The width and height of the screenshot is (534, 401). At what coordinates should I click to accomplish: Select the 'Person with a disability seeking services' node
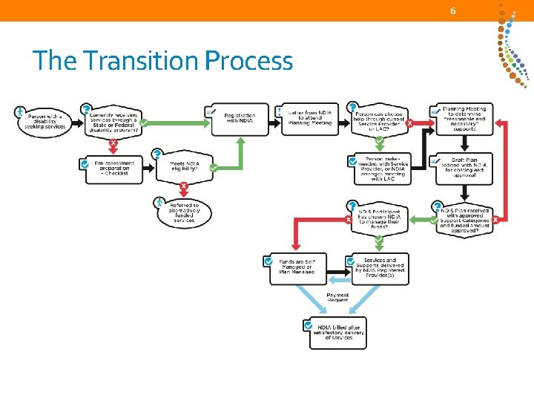45,121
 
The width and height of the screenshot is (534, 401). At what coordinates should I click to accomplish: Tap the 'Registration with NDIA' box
239,119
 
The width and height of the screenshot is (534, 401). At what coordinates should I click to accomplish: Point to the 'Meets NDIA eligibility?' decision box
183,167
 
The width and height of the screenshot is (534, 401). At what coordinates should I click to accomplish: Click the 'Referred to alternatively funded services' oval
184,213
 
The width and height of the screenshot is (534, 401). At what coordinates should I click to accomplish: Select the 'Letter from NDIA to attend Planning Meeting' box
309,118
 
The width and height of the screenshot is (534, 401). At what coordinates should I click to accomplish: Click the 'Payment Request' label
337,298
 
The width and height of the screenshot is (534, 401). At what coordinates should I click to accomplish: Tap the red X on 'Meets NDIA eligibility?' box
183,186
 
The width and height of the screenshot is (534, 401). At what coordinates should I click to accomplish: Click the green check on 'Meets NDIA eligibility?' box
214,169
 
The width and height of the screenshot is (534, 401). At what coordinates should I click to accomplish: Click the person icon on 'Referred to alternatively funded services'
159,201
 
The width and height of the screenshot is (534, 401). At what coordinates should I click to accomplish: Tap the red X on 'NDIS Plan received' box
495,220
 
